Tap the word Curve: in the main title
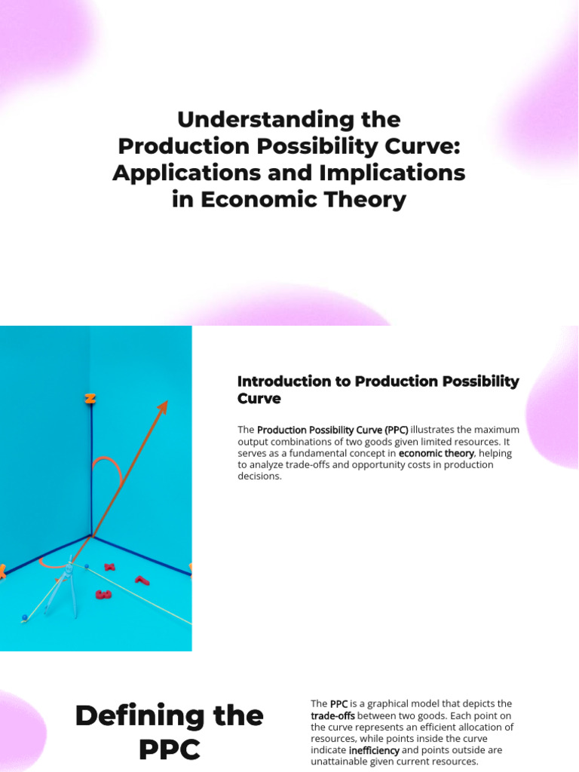(x=421, y=146)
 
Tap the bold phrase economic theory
(x=437, y=453)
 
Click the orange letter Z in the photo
(x=90, y=399)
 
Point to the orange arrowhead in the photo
(x=161, y=408)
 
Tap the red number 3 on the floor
(x=103, y=595)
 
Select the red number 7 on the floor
(x=141, y=581)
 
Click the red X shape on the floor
(x=109, y=567)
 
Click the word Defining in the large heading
(x=169, y=715)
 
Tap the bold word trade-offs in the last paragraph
(x=332, y=715)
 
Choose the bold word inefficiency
(x=374, y=750)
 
